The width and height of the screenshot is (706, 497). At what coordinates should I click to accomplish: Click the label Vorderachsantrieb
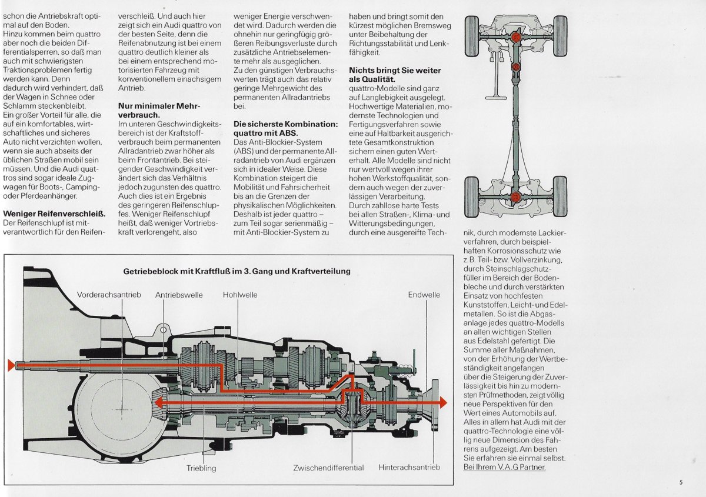tap(109, 295)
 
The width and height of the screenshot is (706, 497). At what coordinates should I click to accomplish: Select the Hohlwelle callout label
tap(239, 295)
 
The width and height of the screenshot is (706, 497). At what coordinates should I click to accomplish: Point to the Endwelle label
tap(424, 295)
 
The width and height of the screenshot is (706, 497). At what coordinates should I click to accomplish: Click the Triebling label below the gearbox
tap(201, 468)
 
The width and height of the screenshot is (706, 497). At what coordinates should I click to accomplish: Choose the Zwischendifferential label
tap(328, 468)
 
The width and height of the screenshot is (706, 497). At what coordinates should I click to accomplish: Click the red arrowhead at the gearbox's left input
tap(11, 365)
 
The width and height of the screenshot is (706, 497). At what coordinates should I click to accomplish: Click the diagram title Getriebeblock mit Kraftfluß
tap(237, 271)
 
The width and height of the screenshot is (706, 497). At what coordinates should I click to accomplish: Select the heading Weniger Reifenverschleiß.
tap(54, 214)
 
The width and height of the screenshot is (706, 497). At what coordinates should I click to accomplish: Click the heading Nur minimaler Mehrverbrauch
tap(159, 111)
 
